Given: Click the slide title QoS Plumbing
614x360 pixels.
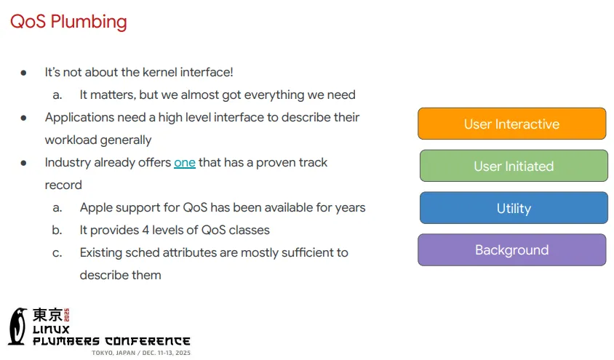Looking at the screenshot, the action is click(x=68, y=22).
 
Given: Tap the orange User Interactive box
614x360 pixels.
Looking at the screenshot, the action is click(x=512, y=124).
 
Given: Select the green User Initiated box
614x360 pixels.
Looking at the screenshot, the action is click(x=514, y=166).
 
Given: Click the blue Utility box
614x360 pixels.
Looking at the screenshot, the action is click(x=514, y=208).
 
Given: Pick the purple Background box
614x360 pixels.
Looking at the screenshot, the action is click(x=512, y=250).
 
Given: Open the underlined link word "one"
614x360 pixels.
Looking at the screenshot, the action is click(x=185, y=162).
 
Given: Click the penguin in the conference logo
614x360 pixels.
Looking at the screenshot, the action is click(x=18, y=327).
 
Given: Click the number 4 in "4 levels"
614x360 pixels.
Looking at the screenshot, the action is click(x=145, y=230).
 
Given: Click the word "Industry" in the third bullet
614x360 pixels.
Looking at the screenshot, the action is click(x=68, y=163).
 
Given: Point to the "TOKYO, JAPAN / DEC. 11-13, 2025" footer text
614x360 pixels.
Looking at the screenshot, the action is click(x=141, y=353).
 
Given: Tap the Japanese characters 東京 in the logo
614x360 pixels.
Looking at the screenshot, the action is click(x=47, y=315).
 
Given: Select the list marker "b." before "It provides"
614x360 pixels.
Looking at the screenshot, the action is click(x=57, y=230).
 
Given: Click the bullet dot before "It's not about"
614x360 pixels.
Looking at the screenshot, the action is click(x=23, y=73).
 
